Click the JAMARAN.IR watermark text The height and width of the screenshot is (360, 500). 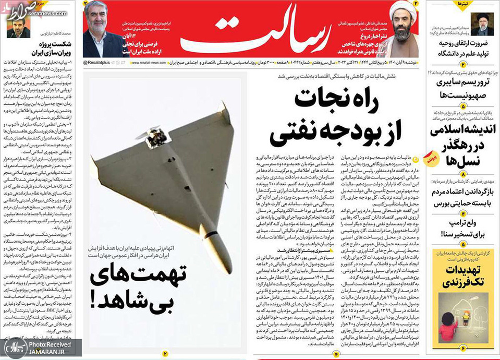coord(47,352)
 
